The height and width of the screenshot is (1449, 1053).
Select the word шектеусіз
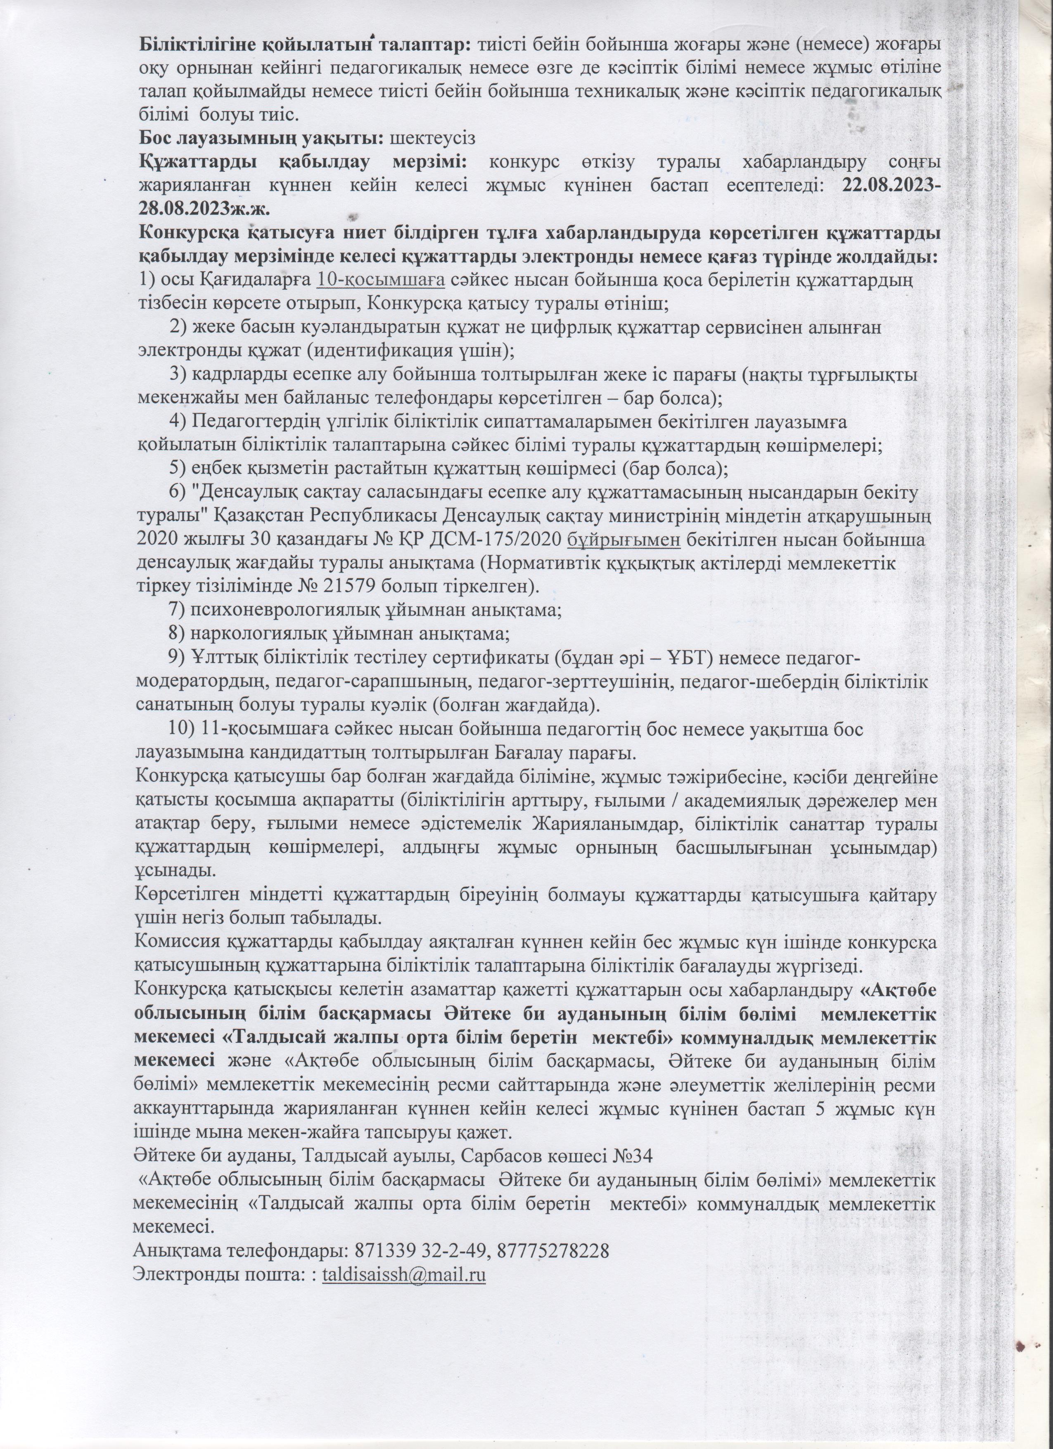tap(434, 137)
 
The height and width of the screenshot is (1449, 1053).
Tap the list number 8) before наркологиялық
tap(177, 634)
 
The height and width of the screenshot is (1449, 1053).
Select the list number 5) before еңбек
tap(177, 468)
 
